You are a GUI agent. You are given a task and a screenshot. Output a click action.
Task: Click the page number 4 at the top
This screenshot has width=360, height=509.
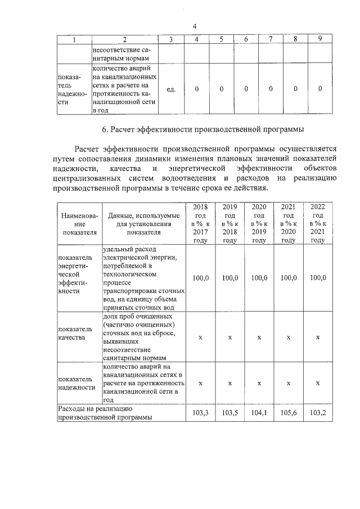coord(194,26)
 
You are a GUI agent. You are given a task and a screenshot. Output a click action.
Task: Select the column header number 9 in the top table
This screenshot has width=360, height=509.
coord(320,39)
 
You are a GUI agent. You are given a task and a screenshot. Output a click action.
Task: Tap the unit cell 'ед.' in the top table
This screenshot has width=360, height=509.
coord(172,89)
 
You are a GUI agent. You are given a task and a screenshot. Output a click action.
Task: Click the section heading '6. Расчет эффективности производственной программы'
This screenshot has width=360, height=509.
coord(203,130)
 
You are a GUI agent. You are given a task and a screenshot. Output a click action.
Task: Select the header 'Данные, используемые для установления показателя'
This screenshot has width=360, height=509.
coord(143,224)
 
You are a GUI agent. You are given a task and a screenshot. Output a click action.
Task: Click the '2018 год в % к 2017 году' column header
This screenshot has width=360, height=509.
coord(200,224)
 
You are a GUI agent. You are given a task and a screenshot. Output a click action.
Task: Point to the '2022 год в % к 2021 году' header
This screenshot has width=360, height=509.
coord(318,224)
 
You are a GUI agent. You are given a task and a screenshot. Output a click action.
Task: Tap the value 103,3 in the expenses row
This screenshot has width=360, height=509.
coord(200,413)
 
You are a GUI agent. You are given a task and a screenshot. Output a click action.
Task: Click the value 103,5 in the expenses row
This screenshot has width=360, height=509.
coord(229,413)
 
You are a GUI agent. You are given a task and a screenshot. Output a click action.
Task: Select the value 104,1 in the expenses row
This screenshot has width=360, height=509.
coord(259,413)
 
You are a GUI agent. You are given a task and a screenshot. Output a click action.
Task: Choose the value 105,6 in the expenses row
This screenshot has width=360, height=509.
coord(288,413)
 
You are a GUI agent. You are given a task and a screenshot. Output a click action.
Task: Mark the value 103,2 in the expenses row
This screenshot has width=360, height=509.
coord(318,413)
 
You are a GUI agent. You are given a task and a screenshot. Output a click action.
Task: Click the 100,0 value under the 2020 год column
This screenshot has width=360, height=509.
coord(259,278)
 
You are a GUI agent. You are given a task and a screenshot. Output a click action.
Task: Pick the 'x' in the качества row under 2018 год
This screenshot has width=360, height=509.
coord(200,337)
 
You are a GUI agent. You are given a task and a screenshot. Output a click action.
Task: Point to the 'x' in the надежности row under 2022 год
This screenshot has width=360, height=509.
coord(318,382)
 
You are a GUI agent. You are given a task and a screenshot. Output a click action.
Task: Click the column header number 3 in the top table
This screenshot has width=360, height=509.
coord(172,39)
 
